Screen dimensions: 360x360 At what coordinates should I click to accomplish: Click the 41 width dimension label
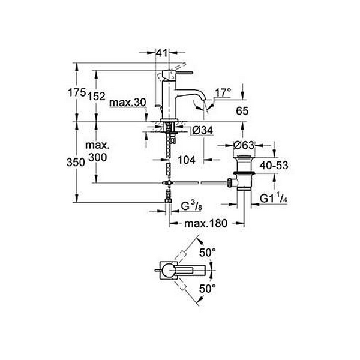(161, 53)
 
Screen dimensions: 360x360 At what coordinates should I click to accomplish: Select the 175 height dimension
(77, 92)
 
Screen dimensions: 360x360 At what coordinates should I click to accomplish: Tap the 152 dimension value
(97, 97)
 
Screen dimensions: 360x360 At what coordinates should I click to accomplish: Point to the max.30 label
(128, 103)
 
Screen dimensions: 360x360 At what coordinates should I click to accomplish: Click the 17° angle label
(223, 93)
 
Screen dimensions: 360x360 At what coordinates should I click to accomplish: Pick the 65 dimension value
(242, 111)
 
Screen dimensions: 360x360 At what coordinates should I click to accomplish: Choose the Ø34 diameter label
(203, 131)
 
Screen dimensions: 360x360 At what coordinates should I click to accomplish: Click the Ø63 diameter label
(244, 145)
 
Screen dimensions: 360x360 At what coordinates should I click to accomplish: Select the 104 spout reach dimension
(187, 160)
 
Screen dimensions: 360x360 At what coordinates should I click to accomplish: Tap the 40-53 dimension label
(274, 166)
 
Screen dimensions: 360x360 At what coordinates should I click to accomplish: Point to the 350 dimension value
(76, 163)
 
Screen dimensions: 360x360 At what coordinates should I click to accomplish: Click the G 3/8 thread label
(191, 206)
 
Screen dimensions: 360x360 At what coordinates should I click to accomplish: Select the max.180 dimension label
(206, 223)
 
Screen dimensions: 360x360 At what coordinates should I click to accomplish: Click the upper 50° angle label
(208, 253)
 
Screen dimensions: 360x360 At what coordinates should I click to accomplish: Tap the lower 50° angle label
(208, 289)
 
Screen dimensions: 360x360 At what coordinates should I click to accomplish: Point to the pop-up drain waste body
(244, 173)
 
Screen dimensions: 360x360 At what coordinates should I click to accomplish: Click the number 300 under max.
(98, 157)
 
